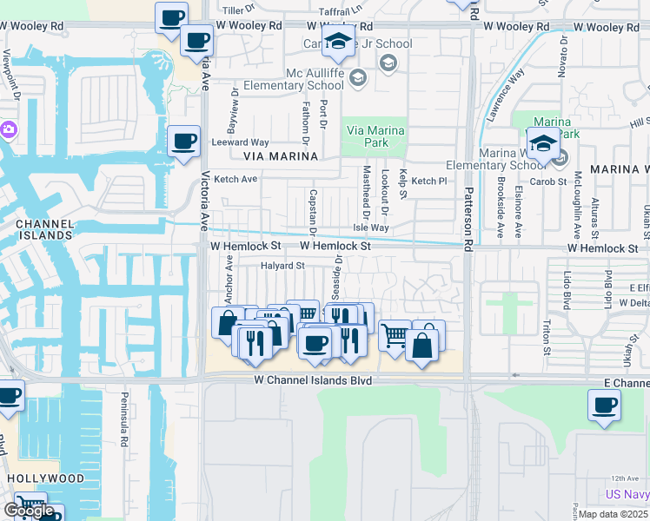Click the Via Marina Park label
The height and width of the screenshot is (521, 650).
coord(376,136)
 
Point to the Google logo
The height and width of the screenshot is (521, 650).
coord(29,510)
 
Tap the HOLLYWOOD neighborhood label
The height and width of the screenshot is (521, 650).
coord(46,478)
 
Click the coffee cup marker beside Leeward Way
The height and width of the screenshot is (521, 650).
coord(183,142)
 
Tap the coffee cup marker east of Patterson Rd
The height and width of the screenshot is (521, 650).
coord(604,404)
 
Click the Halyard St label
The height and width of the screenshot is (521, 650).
coord(283,266)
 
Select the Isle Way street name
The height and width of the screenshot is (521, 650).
coord(370,228)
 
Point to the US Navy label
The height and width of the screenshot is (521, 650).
coord(627,493)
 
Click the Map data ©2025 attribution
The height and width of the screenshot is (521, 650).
coord(614,514)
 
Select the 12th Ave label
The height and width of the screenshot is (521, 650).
coord(623,478)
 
